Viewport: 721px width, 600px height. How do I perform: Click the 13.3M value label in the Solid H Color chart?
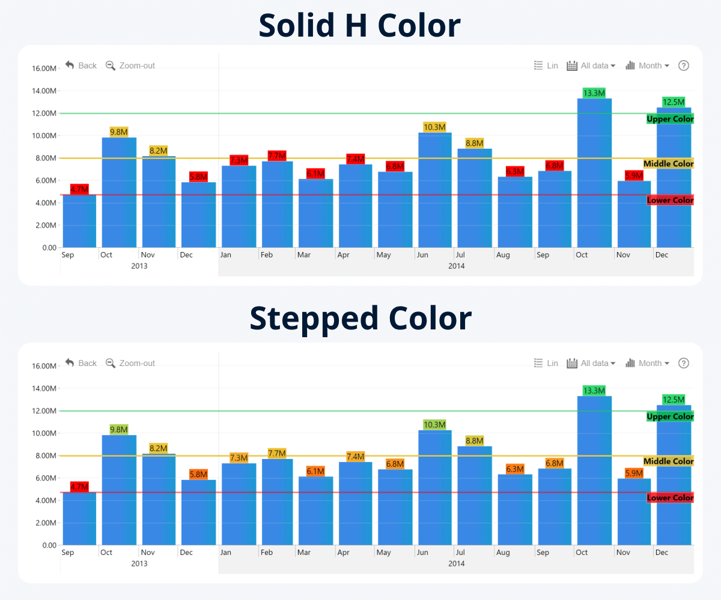[594, 93]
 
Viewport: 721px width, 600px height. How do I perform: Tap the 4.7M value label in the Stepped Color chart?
[79, 487]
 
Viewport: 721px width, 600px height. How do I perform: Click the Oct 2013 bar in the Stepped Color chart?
[119, 492]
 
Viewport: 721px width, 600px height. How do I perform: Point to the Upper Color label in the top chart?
[670, 119]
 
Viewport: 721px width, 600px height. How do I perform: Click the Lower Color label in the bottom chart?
[670, 497]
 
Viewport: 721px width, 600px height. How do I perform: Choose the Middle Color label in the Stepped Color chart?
[668, 461]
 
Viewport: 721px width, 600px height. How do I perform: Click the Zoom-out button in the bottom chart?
[130, 363]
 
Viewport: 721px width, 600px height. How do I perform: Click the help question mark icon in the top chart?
[683, 65]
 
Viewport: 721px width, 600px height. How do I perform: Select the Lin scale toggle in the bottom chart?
[546, 363]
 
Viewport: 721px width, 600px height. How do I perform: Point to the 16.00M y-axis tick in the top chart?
[44, 68]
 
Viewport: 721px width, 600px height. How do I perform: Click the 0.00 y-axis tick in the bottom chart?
[49, 545]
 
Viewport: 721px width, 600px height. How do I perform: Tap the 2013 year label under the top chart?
[139, 266]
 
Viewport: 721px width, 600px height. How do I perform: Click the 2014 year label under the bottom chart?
[457, 563]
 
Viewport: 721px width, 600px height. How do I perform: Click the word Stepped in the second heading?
[313, 318]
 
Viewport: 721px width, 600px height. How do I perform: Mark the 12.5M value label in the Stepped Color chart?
[674, 399]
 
